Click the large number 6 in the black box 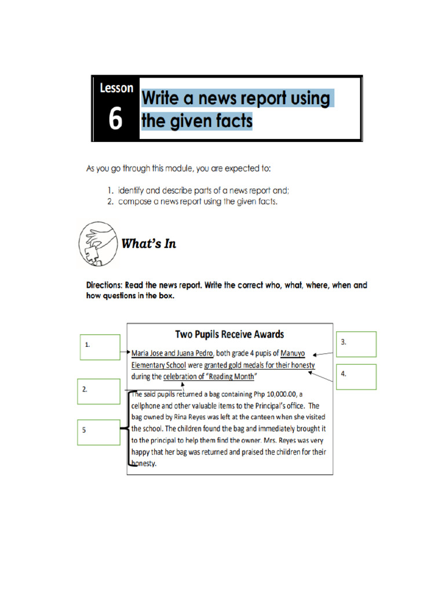tap(115, 119)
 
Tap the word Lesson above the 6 tap(116, 89)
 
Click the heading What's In tap(148, 244)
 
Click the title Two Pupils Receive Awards tap(229, 334)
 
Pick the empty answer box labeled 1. tap(100, 347)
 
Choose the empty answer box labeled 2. tap(100, 393)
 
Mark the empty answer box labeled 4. tap(356, 376)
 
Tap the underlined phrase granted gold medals tap(238, 365)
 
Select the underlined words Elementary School tap(158, 365)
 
